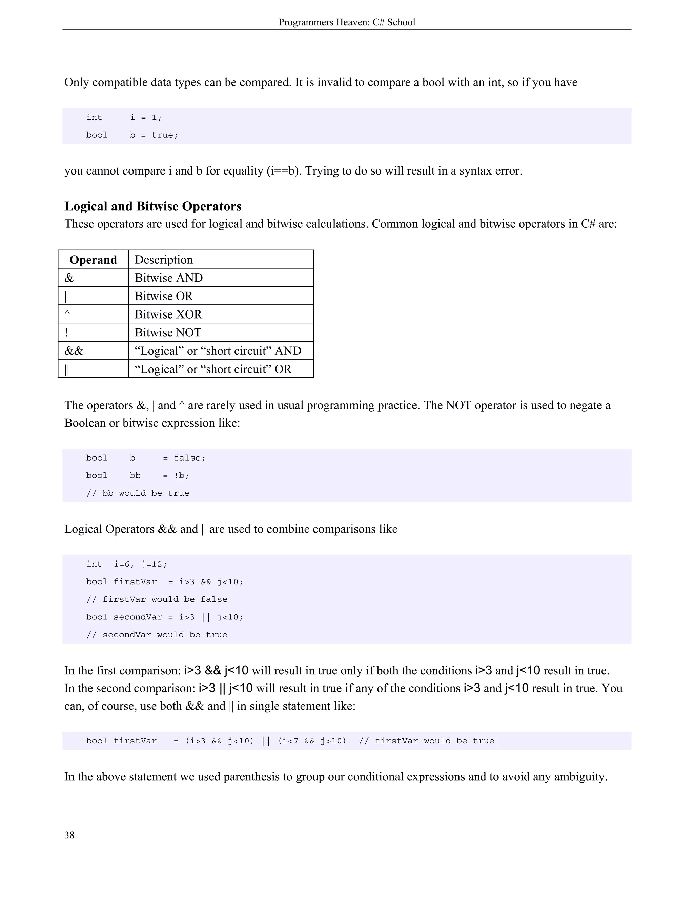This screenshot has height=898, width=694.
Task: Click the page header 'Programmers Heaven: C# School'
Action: [x=347, y=22]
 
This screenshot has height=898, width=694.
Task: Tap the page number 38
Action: [x=69, y=835]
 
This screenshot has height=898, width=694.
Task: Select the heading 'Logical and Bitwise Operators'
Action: [x=153, y=206]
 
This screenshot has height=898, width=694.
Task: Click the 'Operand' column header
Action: [x=93, y=260]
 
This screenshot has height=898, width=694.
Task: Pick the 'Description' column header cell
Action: [x=164, y=260]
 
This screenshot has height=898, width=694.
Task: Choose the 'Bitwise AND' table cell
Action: [x=168, y=278]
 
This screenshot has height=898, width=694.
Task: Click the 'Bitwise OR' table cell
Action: [x=164, y=296]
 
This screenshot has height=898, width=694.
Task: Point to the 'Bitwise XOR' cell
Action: [x=168, y=314]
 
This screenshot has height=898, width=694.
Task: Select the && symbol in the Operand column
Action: [x=74, y=351]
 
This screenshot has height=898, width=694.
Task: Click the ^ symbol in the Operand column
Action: [x=67, y=314]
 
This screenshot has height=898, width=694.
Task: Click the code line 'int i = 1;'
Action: [x=124, y=117]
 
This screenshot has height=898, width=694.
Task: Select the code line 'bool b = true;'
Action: [x=132, y=135]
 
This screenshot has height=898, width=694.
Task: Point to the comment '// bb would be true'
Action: [x=138, y=493]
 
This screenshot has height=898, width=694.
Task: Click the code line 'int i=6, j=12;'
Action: [x=127, y=564]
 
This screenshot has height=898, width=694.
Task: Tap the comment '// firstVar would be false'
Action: [x=157, y=599]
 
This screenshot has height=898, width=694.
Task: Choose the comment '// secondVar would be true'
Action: [x=157, y=634]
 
